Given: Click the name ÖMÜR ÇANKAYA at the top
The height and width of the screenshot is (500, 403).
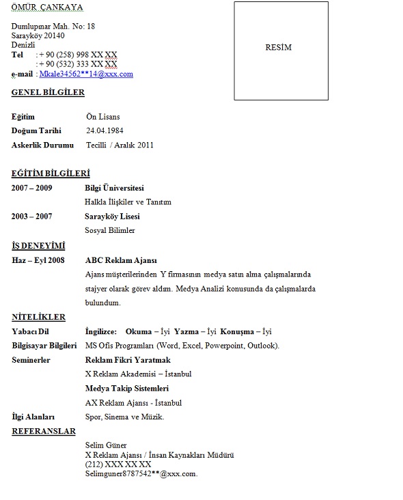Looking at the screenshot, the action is tap(47, 8).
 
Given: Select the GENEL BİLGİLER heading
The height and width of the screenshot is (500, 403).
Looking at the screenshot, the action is tap(48, 92).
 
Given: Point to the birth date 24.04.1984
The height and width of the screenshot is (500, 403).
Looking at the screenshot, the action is tap(105, 130).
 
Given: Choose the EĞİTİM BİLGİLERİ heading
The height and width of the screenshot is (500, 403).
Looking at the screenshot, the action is tap(51, 173).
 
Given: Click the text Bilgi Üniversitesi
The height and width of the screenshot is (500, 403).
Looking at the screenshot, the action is tap(114, 188).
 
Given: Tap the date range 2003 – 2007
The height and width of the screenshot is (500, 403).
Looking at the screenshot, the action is tap(32, 217).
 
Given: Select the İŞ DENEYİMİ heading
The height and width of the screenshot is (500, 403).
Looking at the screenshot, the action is tap(38, 245).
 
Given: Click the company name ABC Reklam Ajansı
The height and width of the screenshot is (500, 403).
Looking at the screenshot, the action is tap(121, 260).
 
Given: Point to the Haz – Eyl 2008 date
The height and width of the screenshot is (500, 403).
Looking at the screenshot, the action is tap(38, 260).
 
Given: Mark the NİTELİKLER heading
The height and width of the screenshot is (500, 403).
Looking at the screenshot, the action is tap(38, 317).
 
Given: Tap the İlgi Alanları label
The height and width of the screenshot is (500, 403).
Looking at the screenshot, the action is tap(33, 417).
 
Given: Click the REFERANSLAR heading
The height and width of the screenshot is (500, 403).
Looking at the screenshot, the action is tap(44, 432).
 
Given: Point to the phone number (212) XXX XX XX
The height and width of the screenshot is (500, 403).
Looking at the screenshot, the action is tap(118, 464).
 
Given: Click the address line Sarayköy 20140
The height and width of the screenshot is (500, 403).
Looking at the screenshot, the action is tap(38, 36).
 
